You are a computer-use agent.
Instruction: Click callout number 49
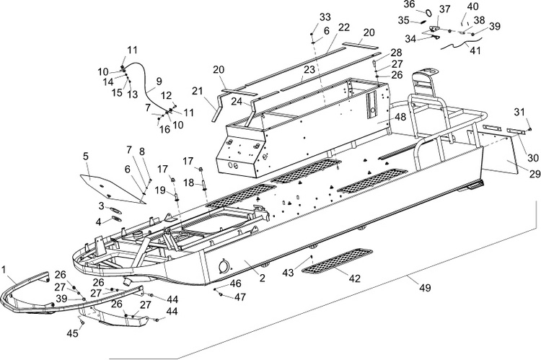pyautogui.click(x=426, y=288)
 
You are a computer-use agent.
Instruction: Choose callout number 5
pyautogui.click(x=85, y=156)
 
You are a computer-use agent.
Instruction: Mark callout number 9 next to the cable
pyautogui.click(x=159, y=82)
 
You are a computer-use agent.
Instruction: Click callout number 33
pyautogui.click(x=325, y=17)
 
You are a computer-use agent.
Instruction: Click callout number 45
pyautogui.click(x=74, y=333)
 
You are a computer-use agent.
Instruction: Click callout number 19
pyautogui.click(x=161, y=190)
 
